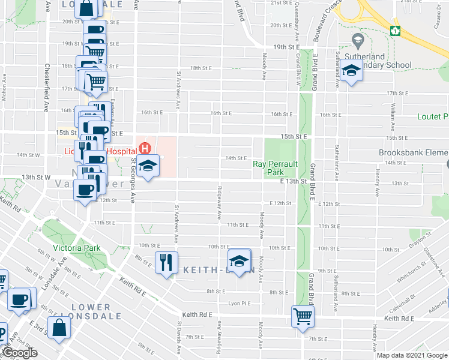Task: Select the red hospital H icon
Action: click(x=144, y=147)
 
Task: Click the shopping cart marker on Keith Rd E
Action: click(x=302, y=316)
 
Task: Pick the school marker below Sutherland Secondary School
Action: click(x=351, y=71)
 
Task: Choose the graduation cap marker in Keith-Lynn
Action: click(x=240, y=260)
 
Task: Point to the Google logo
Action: click(x=19, y=353)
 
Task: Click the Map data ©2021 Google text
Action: click(x=412, y=355)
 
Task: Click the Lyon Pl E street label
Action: click(x=239, y=304)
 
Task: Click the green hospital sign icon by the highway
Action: click(x=394, y=31)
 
